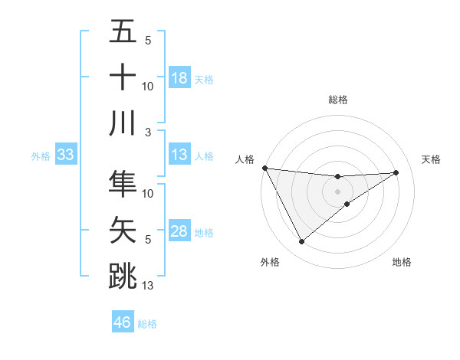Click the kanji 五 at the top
123,32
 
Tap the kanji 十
123,77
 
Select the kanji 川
123,123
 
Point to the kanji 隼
123,183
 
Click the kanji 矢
123,229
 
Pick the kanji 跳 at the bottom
123,275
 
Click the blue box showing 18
179,78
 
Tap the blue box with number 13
179,155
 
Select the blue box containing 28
179,232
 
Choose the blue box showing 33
66,155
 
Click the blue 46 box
123,322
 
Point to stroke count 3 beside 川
148,132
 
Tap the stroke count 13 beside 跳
148,286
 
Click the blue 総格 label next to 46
147,324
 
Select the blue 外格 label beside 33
41,156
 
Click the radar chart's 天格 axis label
432,159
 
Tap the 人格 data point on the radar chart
264,167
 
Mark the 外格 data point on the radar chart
301,242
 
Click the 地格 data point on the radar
347,203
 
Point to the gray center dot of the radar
337,191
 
